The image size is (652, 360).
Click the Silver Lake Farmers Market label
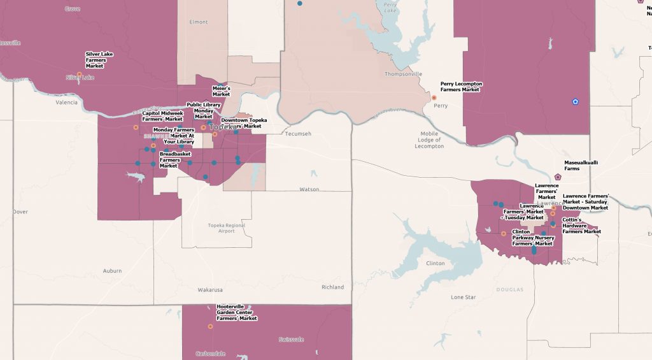click(99, 60)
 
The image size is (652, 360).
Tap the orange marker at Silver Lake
click(80, 75)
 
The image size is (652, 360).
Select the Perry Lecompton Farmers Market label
click(461, 87)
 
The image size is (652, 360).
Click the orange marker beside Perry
click(434, 97)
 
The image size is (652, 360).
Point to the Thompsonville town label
click(403, 74)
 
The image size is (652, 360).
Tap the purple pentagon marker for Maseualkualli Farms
click(558, 177)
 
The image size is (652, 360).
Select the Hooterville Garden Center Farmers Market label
click(237, 312)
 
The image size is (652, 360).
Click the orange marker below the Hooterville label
click(210, 326)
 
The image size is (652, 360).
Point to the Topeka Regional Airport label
click(226, 228)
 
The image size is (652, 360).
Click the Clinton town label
click(436, 263)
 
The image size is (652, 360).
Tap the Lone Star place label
click(463, 298)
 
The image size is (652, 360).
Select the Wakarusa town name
click(210, 289)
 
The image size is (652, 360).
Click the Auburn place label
click(112, 271)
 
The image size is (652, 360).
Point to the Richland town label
click(332, 287)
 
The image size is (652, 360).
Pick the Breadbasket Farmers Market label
click(174, 160)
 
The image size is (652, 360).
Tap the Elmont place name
click(199, 22)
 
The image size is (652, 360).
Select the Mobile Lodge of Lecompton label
click(430, 140)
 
